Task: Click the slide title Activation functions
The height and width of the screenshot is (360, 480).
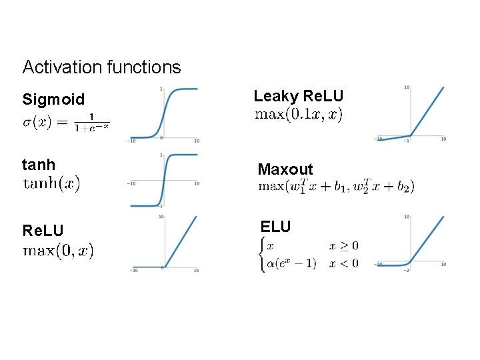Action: tap(101, 67)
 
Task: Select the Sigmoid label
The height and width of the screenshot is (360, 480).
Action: tap(53, 100)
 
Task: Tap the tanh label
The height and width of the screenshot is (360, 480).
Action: tap(39, 164)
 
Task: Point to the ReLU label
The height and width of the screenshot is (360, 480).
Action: tap(43, 231)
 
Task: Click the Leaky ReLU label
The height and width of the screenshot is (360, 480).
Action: tap(299, 96)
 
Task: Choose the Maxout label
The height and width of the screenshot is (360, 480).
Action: tap(285, 170)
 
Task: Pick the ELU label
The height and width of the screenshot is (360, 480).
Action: tap(275, 227)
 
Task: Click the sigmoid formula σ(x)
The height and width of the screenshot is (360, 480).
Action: tap(66, 123)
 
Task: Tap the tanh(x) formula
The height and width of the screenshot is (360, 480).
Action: tap(51, 183)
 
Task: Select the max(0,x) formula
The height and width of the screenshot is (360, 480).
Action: tap(59, 251)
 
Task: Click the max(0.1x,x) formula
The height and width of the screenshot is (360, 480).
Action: tap(299, 115)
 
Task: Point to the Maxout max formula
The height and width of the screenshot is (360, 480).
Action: tap(336, 186)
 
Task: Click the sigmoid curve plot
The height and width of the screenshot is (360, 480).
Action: tap(164, 113)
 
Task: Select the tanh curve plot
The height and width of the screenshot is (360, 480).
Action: tap(164, 181)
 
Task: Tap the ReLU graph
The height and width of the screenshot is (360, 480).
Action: tap(164, 244)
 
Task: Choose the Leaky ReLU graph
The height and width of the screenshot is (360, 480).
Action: tap(409, 113)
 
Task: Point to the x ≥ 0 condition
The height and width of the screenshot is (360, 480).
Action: tap(343, 246)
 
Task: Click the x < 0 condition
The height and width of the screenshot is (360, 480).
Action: tap(343, 263)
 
